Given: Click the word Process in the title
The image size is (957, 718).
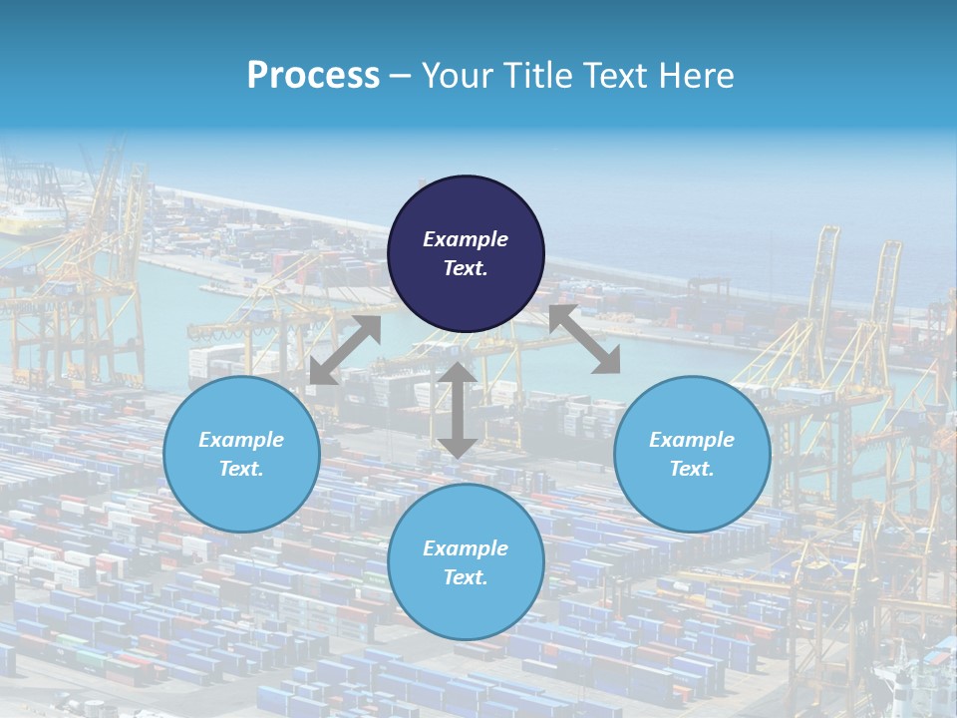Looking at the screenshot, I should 313,76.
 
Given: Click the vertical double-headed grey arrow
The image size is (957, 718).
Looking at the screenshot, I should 457,410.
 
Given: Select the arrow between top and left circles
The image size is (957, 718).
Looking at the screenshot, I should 345,350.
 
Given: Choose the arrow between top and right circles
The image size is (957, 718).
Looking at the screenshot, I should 585,340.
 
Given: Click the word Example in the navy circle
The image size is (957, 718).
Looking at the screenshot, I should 466,239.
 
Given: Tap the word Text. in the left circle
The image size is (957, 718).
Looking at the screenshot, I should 241,469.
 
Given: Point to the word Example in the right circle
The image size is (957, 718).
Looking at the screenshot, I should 692,440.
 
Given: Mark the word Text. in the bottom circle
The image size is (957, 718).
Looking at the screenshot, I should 466,577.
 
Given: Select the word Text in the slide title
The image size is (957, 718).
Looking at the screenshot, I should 612,76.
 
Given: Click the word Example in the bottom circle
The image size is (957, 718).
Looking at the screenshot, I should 466,548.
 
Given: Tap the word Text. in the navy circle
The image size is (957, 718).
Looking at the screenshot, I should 466,268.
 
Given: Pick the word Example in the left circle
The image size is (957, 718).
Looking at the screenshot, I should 241,440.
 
